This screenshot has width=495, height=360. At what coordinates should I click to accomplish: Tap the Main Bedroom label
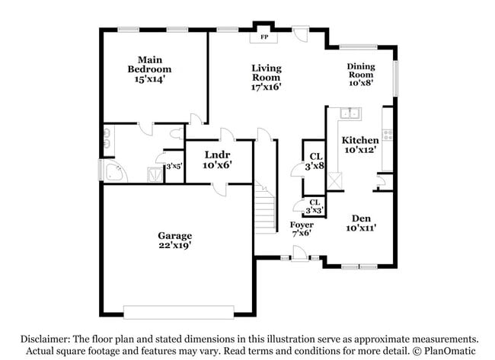click(149, 64)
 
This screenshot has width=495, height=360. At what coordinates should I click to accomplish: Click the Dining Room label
click(361, 71)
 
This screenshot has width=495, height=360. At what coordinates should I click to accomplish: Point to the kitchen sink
click(351, 114)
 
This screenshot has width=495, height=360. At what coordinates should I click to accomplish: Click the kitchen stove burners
click(388, 135)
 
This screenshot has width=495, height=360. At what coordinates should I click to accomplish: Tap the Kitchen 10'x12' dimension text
click(360, 151)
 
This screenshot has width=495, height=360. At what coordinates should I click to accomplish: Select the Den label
click(361, 218)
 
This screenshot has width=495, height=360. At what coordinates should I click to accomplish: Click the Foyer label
click(302, 225)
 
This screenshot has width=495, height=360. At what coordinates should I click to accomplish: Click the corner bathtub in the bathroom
click(114, 172)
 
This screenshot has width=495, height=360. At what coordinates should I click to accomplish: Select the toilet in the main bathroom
click(176, 135)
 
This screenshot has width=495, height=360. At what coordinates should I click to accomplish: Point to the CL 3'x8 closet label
click(314, 160)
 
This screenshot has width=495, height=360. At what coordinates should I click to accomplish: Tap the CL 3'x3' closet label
click(314, 205)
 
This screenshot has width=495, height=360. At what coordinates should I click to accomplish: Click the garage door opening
click(179, 312)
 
